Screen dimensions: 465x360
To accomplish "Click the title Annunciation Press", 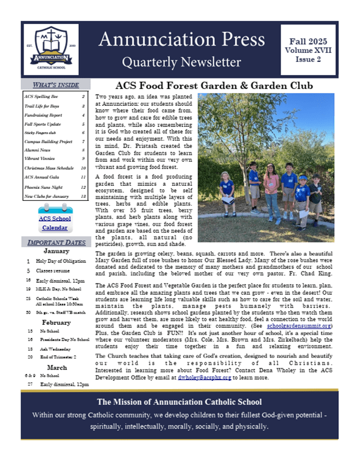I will pyautogui.click(x=181, y=40).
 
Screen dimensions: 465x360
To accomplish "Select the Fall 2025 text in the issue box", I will pyautogui.click(x=308, y=41).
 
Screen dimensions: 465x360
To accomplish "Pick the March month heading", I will pyautogui.click(x=57, y=367).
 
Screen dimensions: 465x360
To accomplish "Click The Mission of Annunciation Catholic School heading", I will pyautogui.click(x=181, y=402).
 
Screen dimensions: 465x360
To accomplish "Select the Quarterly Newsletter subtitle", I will pyautogui.click(x=181, y=62).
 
